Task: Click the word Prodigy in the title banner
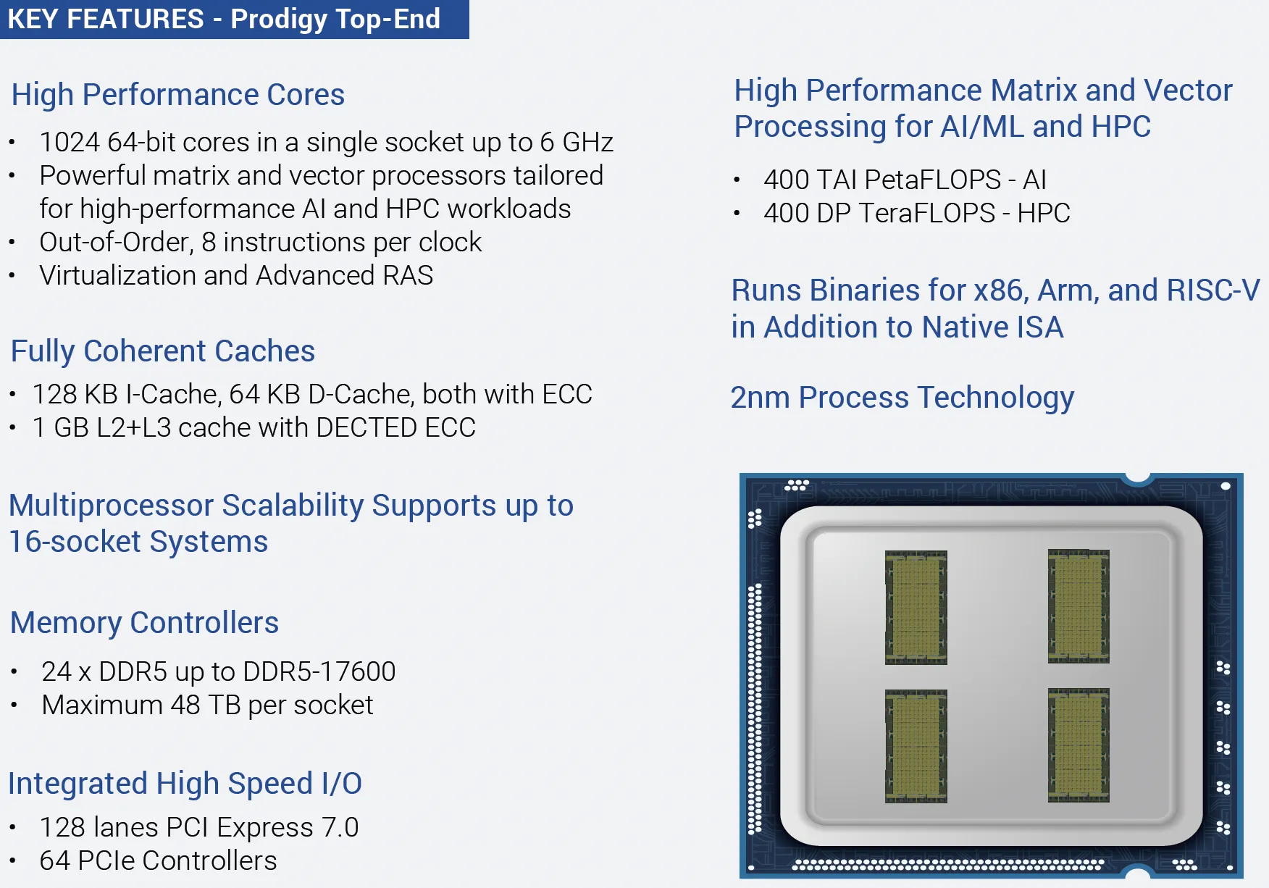(x=279, y=20)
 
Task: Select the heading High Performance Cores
(x=178, y=95)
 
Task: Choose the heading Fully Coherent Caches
(x=163, y=351)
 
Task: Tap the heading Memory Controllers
(x=145, y=623)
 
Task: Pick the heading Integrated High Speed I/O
(x=185, y=784)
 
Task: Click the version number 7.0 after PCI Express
(x=340, y=827)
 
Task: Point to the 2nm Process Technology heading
(x=902, y=398)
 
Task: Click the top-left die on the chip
(x=916, y=607)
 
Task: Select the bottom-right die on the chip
(x=1079, y=745)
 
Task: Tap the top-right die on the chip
(x=1079, y=606)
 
